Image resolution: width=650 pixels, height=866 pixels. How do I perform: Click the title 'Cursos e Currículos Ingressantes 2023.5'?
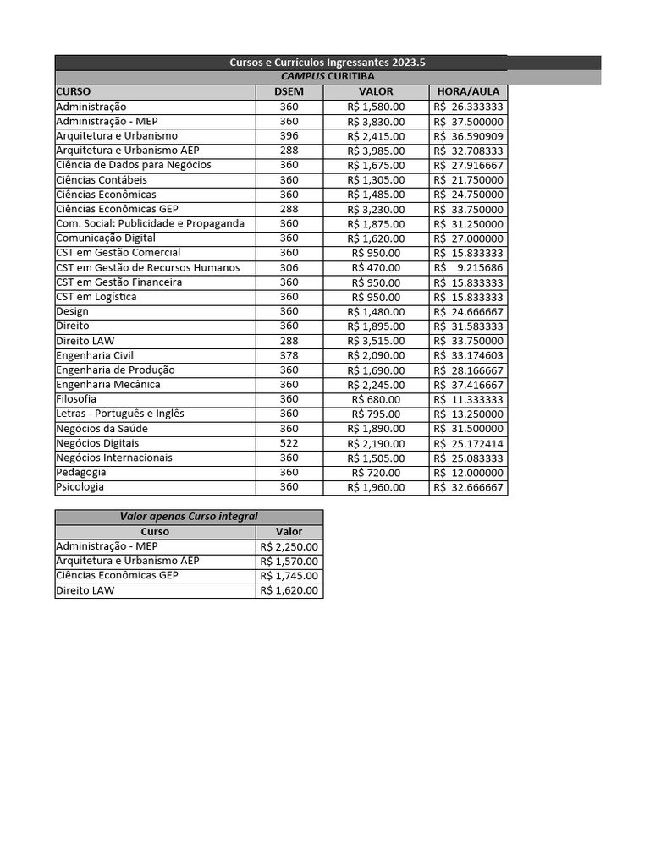point(328,63)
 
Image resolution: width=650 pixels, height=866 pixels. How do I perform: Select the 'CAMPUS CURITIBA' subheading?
point(328,77)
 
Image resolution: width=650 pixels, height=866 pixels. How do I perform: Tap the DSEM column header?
point(289,91)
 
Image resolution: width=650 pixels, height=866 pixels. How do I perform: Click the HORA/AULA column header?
point(468,91)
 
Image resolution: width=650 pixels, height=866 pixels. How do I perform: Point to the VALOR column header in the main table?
point(376,91)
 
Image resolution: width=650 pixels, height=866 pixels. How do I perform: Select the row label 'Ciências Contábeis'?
point(102,179)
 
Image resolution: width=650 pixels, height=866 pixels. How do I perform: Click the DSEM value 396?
point(289,136)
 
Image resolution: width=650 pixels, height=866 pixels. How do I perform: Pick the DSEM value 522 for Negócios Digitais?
point(289,443)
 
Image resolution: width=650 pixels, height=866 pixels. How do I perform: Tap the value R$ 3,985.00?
point(376,151)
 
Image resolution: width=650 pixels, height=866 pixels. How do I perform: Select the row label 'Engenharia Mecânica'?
point(108,385)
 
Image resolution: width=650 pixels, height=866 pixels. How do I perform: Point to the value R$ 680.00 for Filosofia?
point(376,399)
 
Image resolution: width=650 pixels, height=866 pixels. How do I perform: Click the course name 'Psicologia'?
point(80,487)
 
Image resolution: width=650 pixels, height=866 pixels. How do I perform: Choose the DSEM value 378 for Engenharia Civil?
point(289,355)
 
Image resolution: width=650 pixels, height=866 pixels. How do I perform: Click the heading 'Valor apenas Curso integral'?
point(189,517)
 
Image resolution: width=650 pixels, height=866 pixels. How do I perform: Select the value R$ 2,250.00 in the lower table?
point(289,546)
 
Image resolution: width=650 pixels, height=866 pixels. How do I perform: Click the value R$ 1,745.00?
point(289,576)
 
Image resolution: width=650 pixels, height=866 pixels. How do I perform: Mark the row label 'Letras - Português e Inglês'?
point(120,414)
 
